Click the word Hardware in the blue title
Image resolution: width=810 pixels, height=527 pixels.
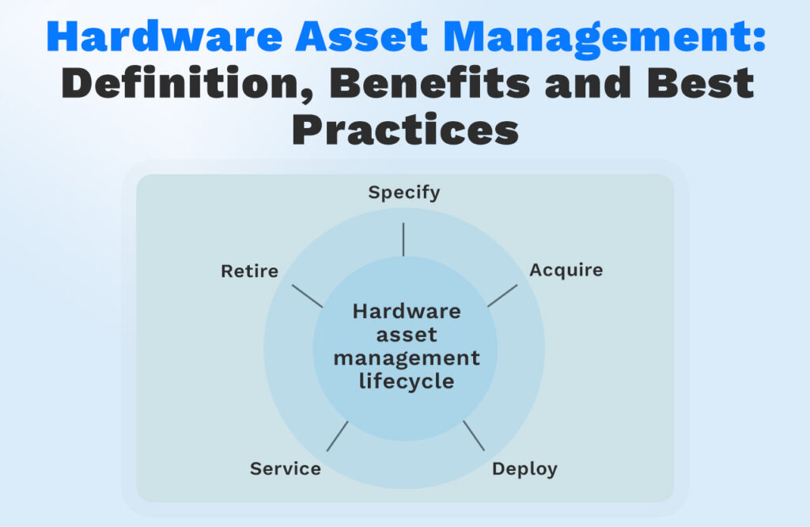pos(165,36)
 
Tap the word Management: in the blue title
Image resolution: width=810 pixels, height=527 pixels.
pos(604,38)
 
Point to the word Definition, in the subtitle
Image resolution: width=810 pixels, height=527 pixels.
pos(188,83)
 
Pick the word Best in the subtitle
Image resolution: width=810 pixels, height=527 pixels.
pos(700,82)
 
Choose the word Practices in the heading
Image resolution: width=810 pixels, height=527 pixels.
pos(405,130)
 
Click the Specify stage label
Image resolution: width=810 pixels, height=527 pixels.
pos(404,193)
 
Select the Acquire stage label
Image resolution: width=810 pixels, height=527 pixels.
pos(566,270)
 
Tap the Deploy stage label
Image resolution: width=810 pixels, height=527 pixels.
pos(524,470)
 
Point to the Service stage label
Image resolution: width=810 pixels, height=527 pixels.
pos(285,468)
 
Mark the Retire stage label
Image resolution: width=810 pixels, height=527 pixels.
pos(249,271)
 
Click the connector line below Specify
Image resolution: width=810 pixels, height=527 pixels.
pos(403,239)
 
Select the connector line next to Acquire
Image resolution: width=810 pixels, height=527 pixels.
pos(502,295)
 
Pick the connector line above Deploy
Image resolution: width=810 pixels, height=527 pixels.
pos(474,435)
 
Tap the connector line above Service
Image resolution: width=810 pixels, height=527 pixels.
pos(337,436)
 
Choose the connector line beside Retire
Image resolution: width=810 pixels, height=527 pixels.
pos(308,296)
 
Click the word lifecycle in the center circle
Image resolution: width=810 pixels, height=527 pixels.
pos(407,381)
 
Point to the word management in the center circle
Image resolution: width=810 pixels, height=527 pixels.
pos(407,358)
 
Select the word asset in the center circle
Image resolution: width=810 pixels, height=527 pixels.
pos(407,335)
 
